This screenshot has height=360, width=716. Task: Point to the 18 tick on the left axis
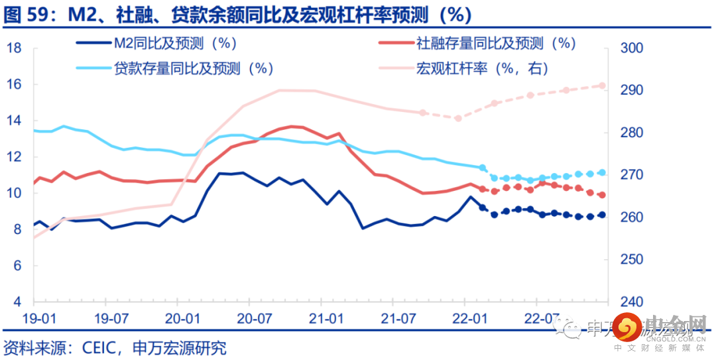[x=15, y=48]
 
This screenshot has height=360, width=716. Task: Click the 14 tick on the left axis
[x=15, y=121]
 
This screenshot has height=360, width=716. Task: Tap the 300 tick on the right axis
[x=632, y=48]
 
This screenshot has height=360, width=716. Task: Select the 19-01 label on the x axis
[x=38, y=319]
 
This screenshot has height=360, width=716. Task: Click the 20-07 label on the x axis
[x=251, y=319]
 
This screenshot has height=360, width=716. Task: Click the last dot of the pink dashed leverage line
[x=602, y=86]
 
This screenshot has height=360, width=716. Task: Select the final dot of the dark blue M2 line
[x=602, y=214]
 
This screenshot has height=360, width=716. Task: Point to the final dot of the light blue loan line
[x=602, y=172]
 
